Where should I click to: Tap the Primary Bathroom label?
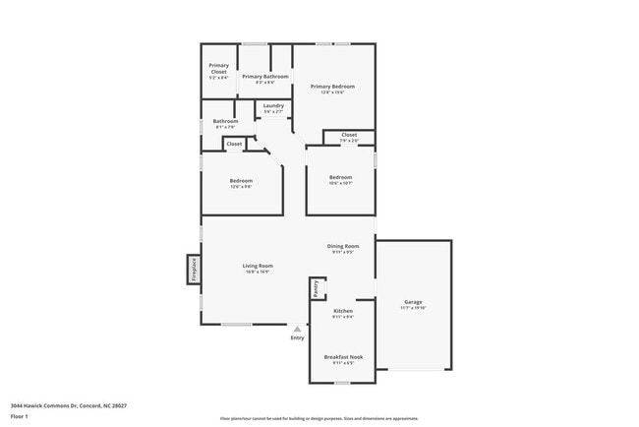coord(265,77)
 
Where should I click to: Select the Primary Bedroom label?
coord(332,87)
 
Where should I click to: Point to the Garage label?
coord(414,302)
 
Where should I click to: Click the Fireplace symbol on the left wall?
coord(194,270)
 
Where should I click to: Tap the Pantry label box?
coord(316,288)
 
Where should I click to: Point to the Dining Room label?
coord(343,246)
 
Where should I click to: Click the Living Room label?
coord(258,266)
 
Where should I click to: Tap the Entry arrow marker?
coord(297,329)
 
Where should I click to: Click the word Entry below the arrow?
coord(297,338)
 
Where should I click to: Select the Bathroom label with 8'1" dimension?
coord(225,122)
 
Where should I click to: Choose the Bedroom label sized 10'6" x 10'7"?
coord(340,178)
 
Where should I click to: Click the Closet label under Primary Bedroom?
coord(349,135)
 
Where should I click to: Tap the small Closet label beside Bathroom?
coord(234,145)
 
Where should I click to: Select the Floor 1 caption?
coord(20,416)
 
